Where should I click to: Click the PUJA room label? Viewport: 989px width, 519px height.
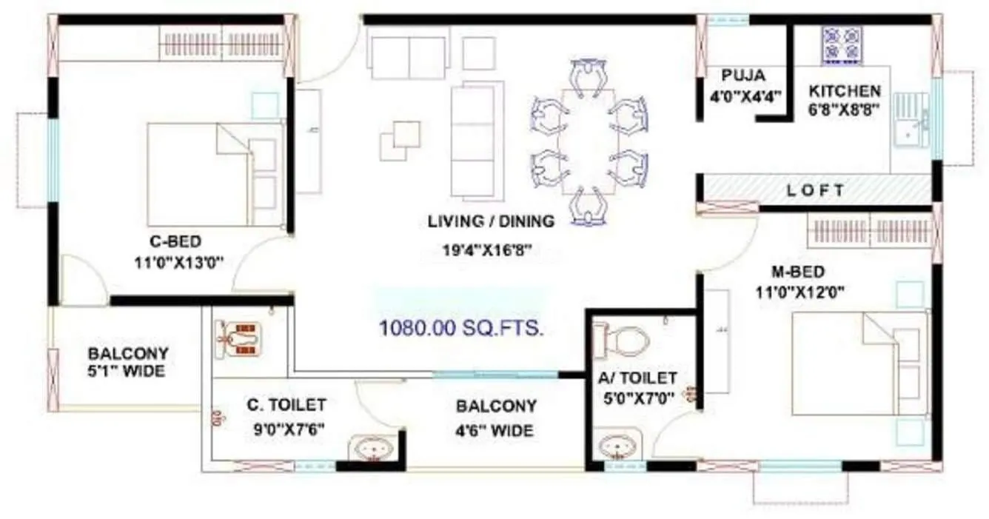point(743,76)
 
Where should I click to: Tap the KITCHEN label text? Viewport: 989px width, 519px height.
point(845,91)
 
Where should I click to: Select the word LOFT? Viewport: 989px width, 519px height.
point(815,190)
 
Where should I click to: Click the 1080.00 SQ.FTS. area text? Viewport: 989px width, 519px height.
point(462,328)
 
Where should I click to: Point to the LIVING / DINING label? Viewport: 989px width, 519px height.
point(491,221)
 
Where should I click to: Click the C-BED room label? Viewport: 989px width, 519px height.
point(175,241)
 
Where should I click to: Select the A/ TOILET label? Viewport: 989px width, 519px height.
point(637,378)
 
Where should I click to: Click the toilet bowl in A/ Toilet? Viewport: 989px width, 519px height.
point(625,340)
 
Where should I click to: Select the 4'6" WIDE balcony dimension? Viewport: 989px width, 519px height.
point(494,430)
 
